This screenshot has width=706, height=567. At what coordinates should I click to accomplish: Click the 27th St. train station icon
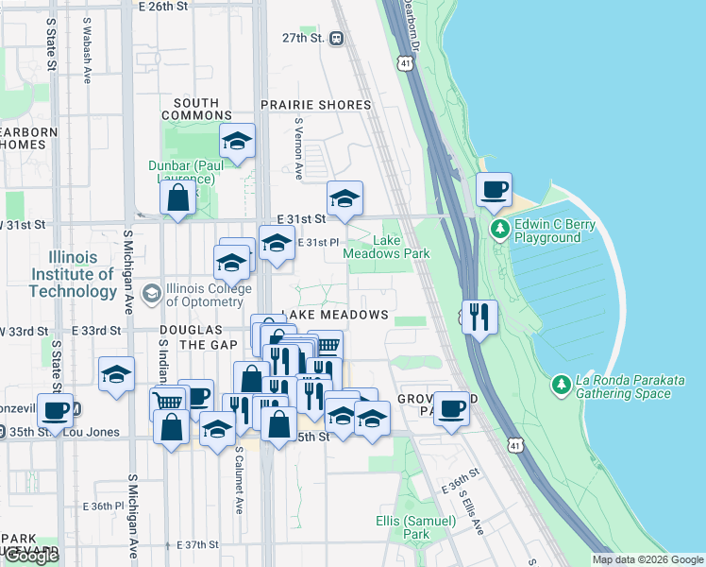pos(337,39)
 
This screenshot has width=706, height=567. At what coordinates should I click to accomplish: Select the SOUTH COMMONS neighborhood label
pos(196,109)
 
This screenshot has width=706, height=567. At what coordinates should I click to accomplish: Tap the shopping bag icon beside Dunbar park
pos(177,198)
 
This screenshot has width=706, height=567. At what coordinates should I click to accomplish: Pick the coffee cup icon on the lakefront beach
pos(494,189)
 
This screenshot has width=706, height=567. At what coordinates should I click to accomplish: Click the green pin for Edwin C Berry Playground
pos(499,229)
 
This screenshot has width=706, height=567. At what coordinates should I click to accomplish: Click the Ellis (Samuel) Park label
pos(403,527)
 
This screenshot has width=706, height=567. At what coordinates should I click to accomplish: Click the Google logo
pos(31,556)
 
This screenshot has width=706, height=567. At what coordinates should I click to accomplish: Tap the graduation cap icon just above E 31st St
pos(345,199)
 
